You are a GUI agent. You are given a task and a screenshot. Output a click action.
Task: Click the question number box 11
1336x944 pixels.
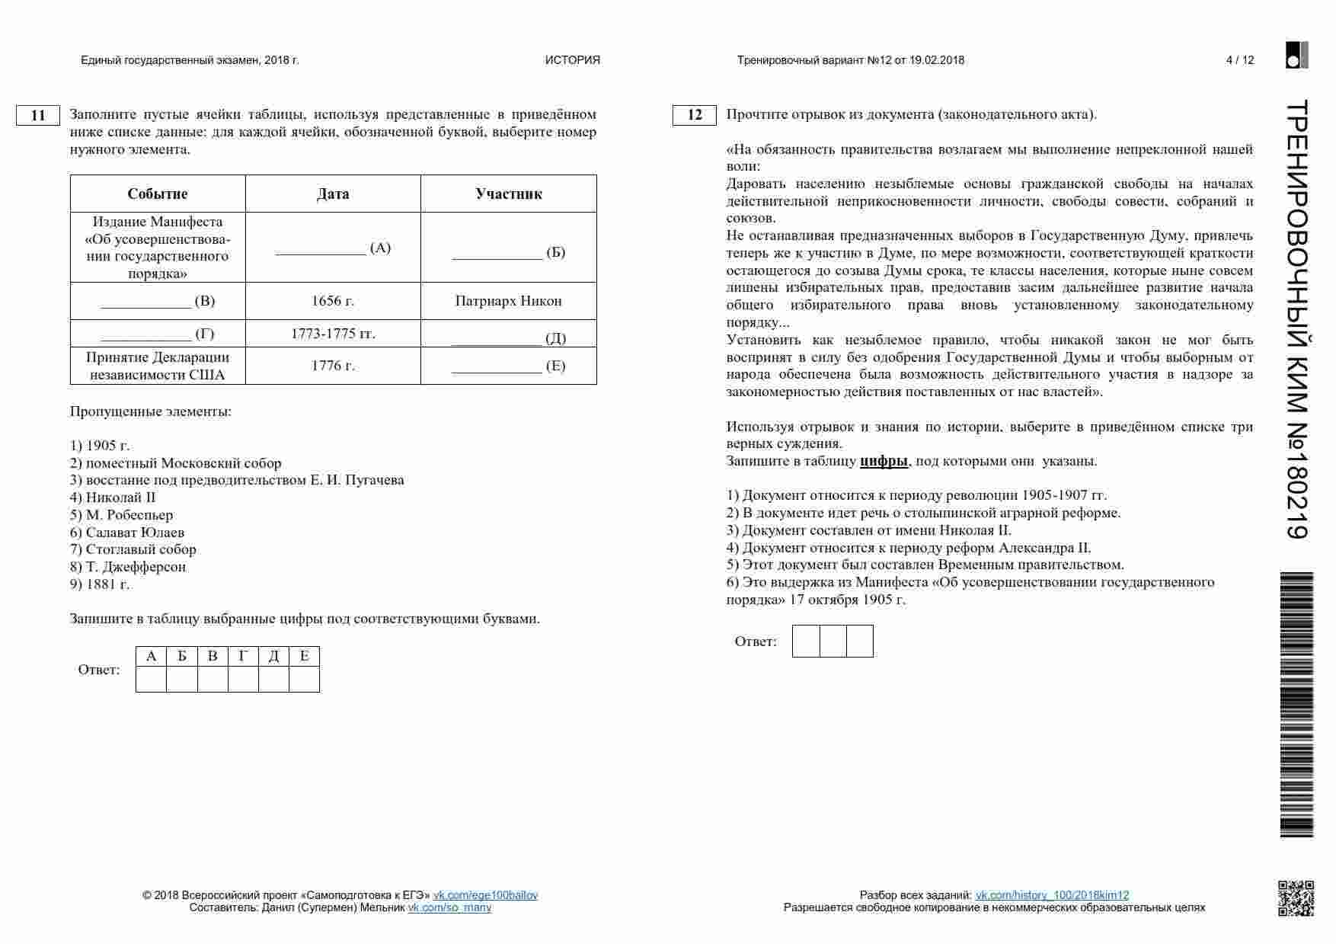pos(38,116)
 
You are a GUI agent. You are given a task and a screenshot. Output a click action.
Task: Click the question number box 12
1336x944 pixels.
pos(695,115)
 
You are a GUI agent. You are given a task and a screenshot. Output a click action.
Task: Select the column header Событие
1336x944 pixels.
pos(158,194)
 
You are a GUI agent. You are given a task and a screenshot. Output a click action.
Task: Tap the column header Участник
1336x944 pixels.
pos(509,194)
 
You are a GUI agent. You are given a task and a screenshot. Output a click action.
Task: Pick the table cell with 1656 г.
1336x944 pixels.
pos(333,301)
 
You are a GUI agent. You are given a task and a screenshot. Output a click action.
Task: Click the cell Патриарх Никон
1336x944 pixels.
pos(509,301)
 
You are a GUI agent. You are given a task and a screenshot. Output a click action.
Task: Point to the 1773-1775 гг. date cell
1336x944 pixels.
pos(333,334)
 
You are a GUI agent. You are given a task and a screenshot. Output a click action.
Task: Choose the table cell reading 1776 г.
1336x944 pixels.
pos(333,366)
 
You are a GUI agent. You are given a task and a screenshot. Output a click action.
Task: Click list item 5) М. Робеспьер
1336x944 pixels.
pos(122,515)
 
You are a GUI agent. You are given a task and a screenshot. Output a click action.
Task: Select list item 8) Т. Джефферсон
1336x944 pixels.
pos(128,567)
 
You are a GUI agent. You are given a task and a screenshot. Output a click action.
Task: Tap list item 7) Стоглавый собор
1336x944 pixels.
pos(133,549)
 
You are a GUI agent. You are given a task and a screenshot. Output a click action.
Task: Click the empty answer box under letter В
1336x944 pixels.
pos(213,679)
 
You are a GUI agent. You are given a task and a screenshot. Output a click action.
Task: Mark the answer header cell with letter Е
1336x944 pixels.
pos(304,656)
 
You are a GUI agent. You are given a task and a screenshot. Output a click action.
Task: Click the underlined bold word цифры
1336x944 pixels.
pos(884,461)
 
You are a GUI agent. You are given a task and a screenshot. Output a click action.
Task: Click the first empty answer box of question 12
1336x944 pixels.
pos(806,642)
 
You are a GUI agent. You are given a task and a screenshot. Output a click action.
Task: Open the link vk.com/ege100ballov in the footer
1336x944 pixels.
pos(485,895)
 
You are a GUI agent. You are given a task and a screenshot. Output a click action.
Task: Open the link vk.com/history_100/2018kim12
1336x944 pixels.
pos(1052,895)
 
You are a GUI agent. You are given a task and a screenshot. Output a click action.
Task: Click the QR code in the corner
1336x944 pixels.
pos(1296,898)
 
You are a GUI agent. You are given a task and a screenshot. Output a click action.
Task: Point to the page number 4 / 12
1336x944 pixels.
pos(1240,60)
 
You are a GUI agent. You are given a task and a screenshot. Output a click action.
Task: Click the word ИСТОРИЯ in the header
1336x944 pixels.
pos(573,60)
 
